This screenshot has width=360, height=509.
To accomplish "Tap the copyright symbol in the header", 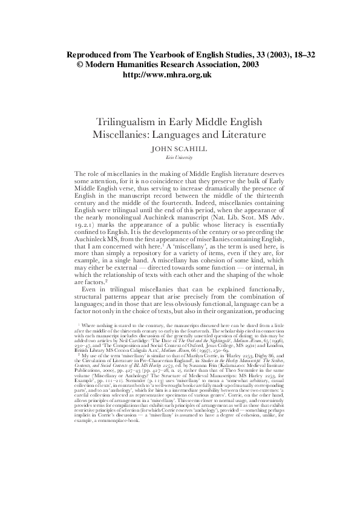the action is point(79,65).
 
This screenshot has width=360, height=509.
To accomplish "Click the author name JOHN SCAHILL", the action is point(180,148).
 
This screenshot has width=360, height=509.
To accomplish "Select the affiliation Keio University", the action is point(180,157).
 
